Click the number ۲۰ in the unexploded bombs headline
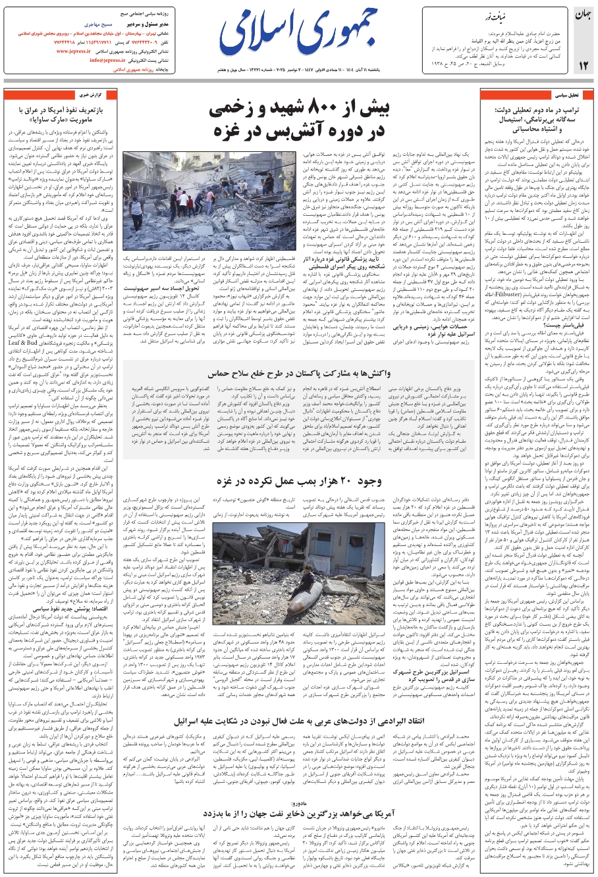click(x=340, y=480)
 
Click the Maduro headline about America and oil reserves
click(x=300, y=814)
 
